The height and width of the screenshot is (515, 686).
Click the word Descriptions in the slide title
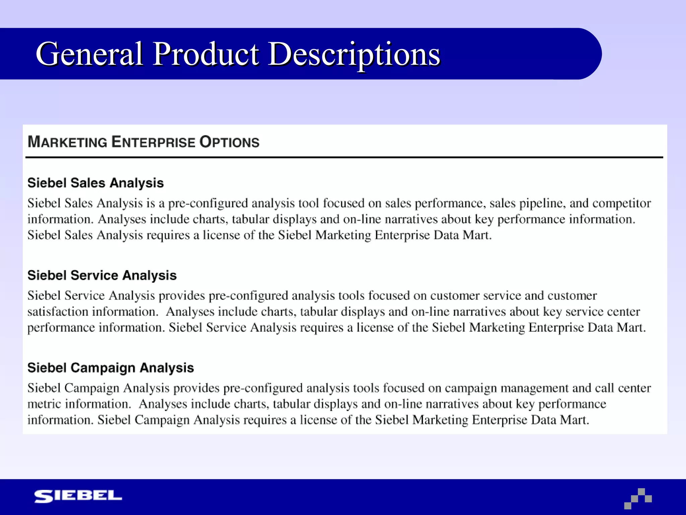pyautogui.click(x=354, y=54)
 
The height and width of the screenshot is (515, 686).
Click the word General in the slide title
pyautogui.click(x=89, y=54)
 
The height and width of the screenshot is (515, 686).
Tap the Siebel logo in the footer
pyautogui.click(x=78, y=496)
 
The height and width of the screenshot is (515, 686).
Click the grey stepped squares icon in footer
pyautogui.click(x=638, y=499)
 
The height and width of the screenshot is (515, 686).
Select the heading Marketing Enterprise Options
pyautogui.click(x=143, y=142)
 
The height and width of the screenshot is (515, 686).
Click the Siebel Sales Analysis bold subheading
pyautogui.click(x=95, y=183)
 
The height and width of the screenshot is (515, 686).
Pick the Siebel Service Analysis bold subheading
pyautogui.click(x=102, y=275)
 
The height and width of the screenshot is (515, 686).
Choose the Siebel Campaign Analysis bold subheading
pyautogui.click(x=111, y=368)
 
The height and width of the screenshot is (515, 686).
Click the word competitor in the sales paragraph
pyautogui.click(x=621, y=204)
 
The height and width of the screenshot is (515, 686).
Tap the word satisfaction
pyautogui.click(x=58, y=312)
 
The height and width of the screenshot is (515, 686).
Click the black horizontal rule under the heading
pyautogui.click(x=344, y=157)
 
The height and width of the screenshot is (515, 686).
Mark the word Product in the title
pyautogui.click(x=206, y=54)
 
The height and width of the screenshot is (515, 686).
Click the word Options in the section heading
pyautogui.click(x=229, y=142)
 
